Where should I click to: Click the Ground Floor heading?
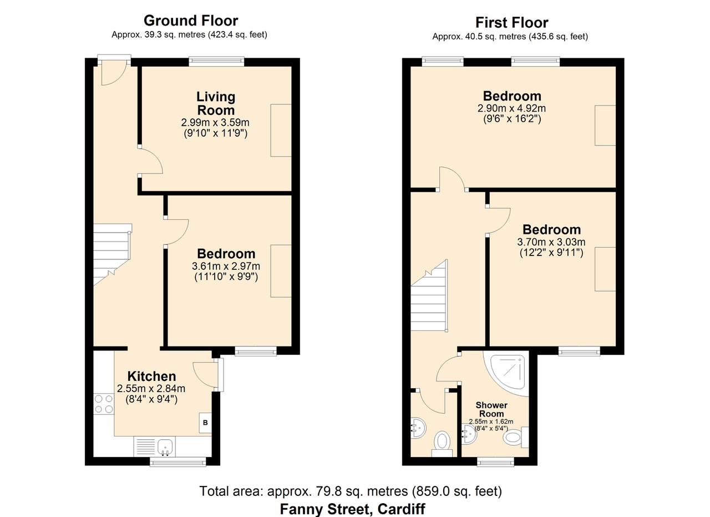[x=191, y=21]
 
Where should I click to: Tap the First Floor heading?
[x=511, y=23]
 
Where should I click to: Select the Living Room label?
[x=216, y=103]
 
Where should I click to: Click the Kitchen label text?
[x=152, y=376]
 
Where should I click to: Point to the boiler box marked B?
[x=205, y=423]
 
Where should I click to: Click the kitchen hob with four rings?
[x=104, y=404]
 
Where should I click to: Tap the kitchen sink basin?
[x=165, y=448]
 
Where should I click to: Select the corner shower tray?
[x=506, y=373]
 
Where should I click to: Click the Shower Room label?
[x=491, y=409]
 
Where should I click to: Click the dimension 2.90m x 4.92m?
[x=511, y=108]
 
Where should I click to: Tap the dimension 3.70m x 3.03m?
[x=551, y=242]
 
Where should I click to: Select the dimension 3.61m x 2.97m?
[x=226, y=266]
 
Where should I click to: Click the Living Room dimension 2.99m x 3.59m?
[x=215, y=123]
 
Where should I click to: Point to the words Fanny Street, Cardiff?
[x=352, y=509]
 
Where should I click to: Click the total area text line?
[x=351, y=491]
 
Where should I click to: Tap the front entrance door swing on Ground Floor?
[x=114, y=74]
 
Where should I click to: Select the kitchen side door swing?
[x=205, y=375]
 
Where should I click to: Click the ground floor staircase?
[x=112, y=254]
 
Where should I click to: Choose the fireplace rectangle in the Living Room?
[x=281, y=130]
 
